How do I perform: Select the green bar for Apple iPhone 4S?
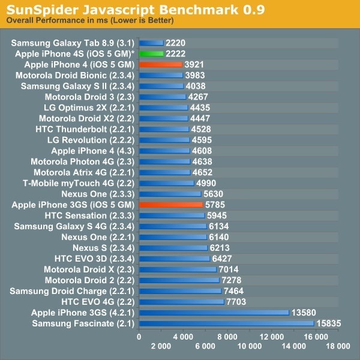click(151, 53)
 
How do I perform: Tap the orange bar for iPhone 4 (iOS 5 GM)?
click(160, 64)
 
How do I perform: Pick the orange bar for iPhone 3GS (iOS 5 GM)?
click(171, 205)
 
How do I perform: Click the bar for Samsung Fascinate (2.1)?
click(226, 323)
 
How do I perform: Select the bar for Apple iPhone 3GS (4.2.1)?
click(214, 313)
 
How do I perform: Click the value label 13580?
click(304, 313)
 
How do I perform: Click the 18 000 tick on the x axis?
click(338, 347)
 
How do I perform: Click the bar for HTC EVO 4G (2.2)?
click(181, 302)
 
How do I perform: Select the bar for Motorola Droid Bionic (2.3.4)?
click(161, 75)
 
